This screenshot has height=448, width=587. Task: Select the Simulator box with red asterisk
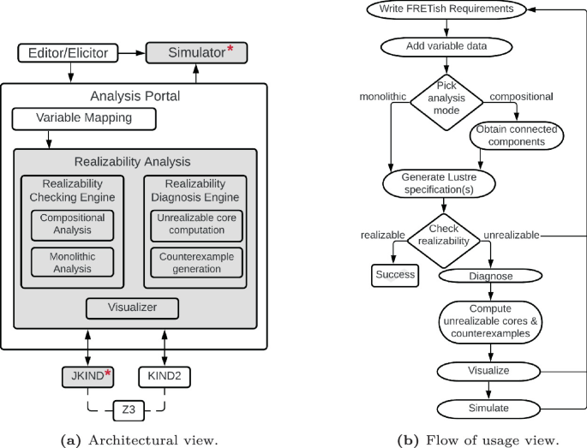point(196,53)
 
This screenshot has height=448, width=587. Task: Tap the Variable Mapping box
point(84,118)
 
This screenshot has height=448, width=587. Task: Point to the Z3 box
point(127,410)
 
